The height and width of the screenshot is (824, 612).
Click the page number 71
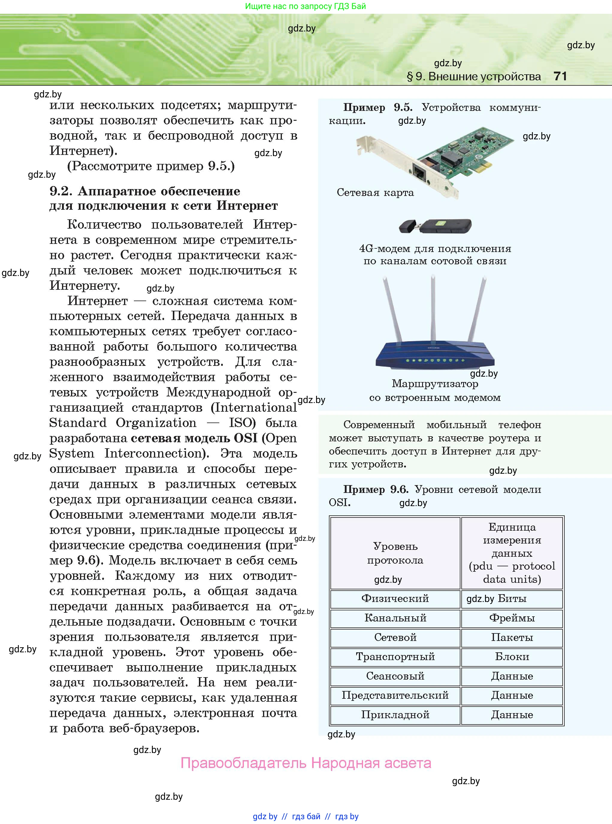(560, 76)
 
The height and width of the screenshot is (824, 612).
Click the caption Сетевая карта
(375, 193)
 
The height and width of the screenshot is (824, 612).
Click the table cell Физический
(395, 598)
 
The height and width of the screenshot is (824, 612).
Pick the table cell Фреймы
(512, 618)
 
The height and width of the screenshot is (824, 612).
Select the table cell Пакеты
(512, 637)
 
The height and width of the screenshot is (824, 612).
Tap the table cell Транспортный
(395, 657)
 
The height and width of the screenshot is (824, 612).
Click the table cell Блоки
(512, 657)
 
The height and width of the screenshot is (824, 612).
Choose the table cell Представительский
(395, 695)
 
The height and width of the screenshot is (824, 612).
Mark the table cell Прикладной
(395, 715)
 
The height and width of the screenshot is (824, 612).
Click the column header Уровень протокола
(395, 553)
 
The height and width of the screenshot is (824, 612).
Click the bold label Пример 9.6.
(375, 489)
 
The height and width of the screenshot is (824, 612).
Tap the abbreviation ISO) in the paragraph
(242, 423)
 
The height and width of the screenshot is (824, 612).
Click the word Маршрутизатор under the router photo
(435, 384)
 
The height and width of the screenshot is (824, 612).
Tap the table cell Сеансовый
(395, 676)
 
